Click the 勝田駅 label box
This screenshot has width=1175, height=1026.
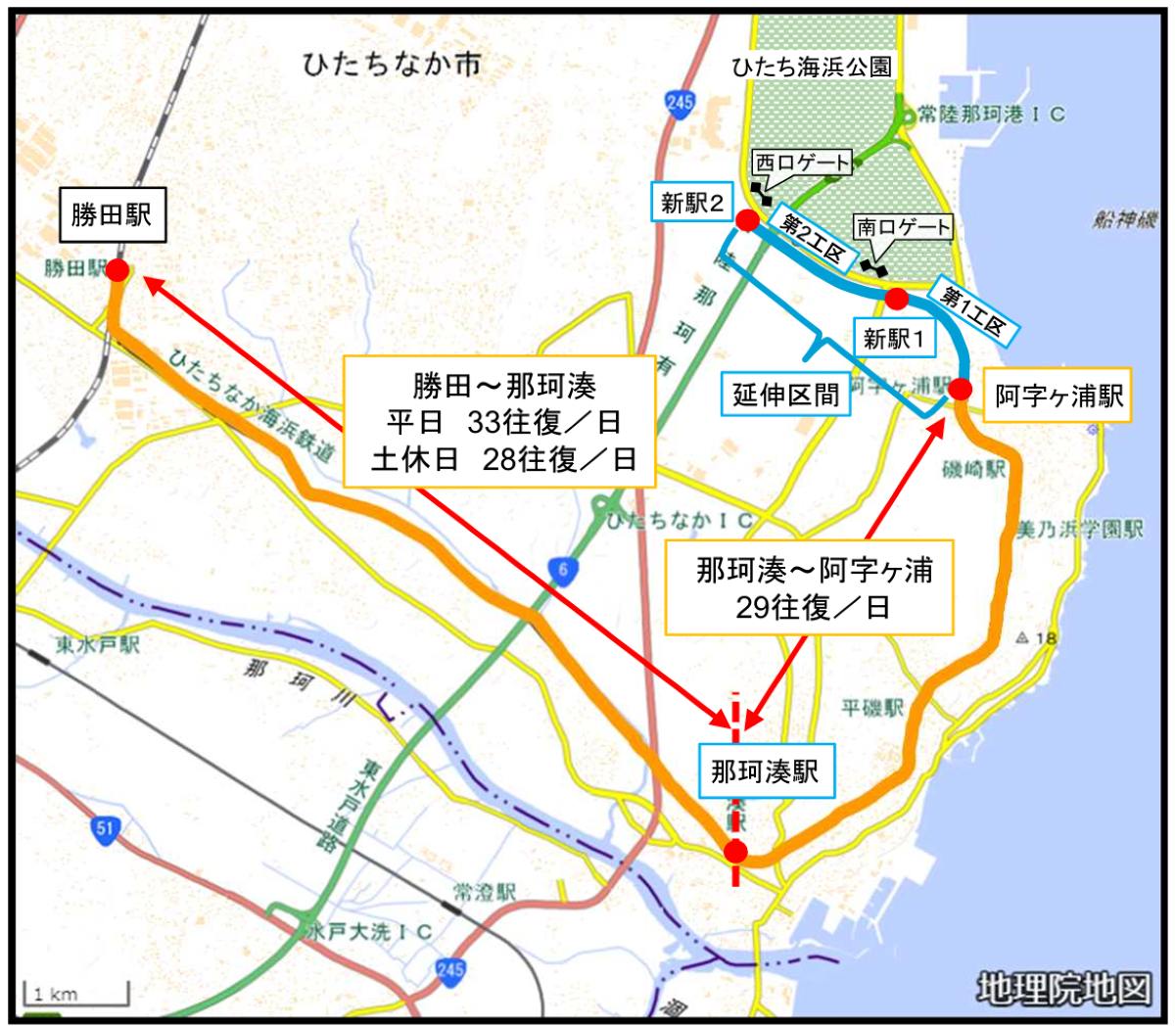(112, 214)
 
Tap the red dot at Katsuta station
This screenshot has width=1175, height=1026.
(117, 270)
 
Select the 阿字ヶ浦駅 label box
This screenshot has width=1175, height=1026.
(1058, 396)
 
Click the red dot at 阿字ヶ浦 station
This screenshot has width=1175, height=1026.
(961, 390)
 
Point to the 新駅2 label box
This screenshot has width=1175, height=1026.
(691, 204)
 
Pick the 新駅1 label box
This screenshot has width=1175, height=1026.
(894, 339)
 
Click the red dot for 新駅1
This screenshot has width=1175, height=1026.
(895, 297)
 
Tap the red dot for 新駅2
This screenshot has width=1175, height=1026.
(746, 222)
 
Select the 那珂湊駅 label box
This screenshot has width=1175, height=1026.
(765, 771)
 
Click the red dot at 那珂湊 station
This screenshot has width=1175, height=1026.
(735, 852)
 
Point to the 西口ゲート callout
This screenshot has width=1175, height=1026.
(802, 163)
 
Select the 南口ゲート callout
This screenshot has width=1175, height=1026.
(903, 227)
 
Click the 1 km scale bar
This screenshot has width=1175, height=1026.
(76, 995)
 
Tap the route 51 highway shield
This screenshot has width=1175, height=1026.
(105, 829)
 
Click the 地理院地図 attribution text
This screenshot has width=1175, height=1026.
(1063, 989)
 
